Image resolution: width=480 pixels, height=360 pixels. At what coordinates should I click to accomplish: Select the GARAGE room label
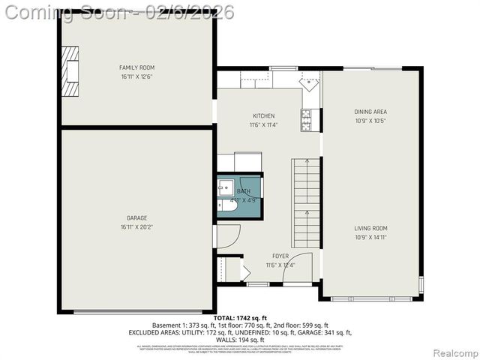(x=136, y=218)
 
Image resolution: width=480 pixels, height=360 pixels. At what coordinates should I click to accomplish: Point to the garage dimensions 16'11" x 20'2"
(x=136, y=227)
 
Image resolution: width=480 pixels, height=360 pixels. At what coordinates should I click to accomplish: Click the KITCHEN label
(x=263, y=115)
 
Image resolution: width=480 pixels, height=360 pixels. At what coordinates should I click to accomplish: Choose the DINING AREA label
(x=370, y=112)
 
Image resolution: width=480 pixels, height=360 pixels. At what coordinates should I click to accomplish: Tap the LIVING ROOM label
(x=370, y=228)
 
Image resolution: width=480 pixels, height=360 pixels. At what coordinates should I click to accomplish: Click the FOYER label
(x=280, y=256)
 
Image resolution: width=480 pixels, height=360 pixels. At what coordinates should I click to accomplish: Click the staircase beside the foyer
(x=306, y=202)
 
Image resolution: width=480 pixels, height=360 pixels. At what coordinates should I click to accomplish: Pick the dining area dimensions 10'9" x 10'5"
(x=370, y=121)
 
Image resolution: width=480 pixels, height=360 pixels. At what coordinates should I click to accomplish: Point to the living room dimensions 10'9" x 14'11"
(x=370, y=237)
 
